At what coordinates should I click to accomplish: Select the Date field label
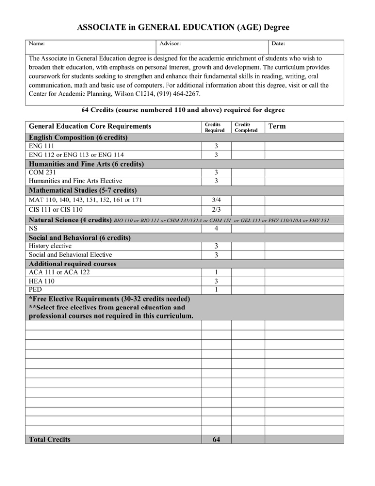coord(278,44)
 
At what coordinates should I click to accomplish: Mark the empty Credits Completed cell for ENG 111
coord(248,146)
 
